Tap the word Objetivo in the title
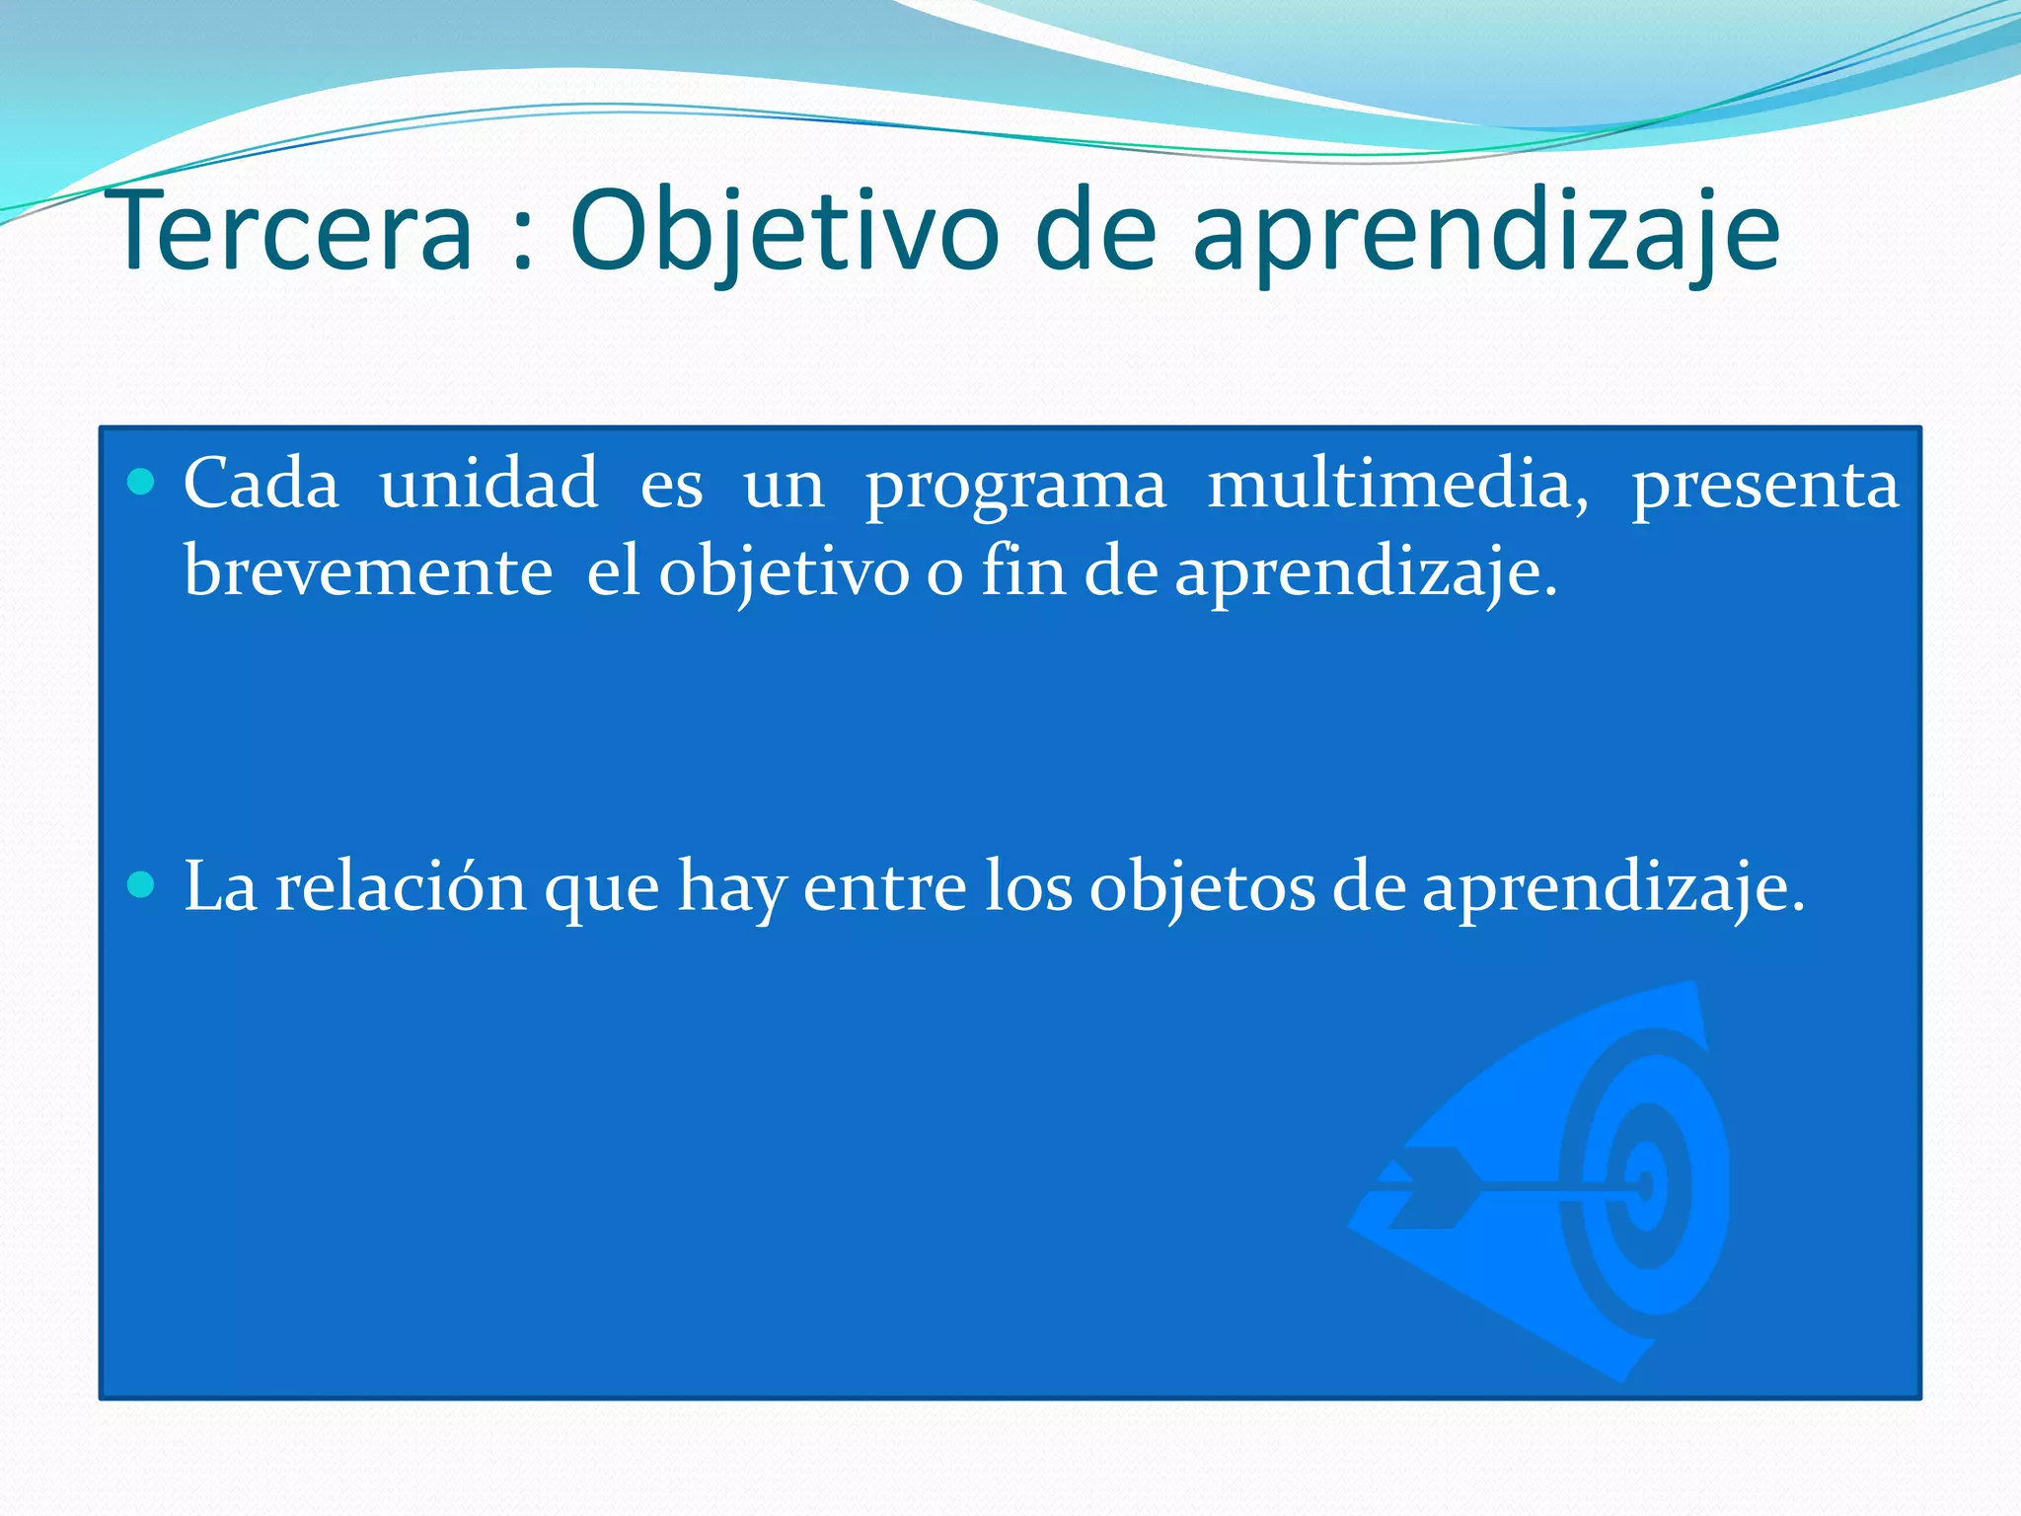pyautogui.click(x=785, y=233)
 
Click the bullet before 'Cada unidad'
pyautogui.click(x=142, y=483)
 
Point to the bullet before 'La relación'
pyautogui.click(x=142, y=884)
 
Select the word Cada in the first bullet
pyautogui.click(x=262, y=484)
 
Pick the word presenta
pyautogui.click(x=1764, y=487)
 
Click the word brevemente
pyautogui.click(x=368, y=571)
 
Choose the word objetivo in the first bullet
pyautogui.click(x=784, y=573)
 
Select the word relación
pyautogui.click(x=401, y=885)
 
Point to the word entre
pyautogui.click(x=884, y=886)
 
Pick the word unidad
pyautogui.click(x=488, y=484)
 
